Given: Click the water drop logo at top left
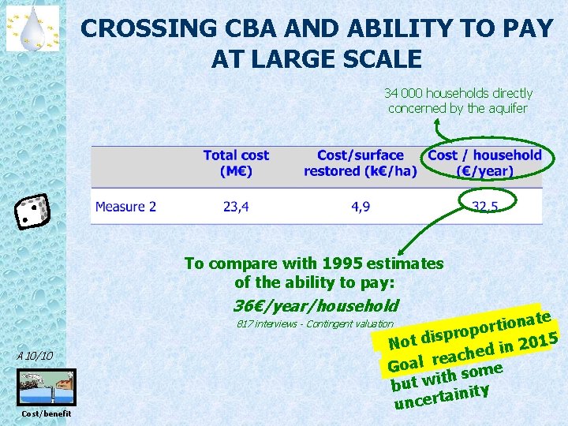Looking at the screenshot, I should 32,28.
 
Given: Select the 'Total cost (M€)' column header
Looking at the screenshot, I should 236,163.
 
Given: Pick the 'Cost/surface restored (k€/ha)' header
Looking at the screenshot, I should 360,163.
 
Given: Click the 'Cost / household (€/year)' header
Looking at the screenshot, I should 484,163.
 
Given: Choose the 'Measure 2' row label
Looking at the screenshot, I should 125,207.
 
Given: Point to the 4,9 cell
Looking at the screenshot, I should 361,207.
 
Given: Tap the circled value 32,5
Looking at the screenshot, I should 484,207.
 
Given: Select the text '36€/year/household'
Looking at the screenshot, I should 316,305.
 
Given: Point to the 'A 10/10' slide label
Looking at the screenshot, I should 34,357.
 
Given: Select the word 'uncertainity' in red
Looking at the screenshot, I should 443,396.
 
